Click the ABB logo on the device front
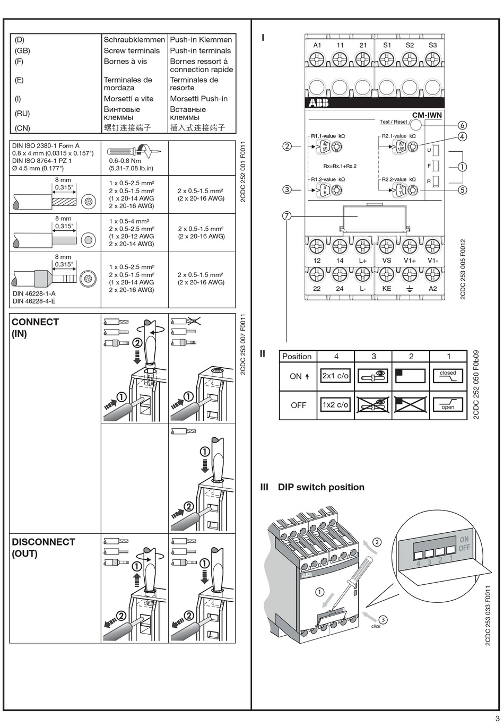click(318, 103)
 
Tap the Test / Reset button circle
click(417, 125)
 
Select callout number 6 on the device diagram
click(462, 125)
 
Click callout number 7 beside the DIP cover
click(287, 216)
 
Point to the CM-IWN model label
click(427, 115)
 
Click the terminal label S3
click(432, 45)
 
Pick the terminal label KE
click(387, 288)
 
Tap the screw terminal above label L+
click(362, 246)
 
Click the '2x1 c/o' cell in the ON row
click(336, 376)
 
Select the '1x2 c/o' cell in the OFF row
click(336, 404)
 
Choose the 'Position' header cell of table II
click(297, 356)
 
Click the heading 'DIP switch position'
click(321, 487)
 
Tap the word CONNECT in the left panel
click(35, 322)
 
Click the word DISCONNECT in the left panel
click(44, 542)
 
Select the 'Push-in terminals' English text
click(200, 51)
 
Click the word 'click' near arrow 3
click(376, 626)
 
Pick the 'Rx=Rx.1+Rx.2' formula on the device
click(340, 166)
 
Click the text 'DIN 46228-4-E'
click(34, 301)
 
